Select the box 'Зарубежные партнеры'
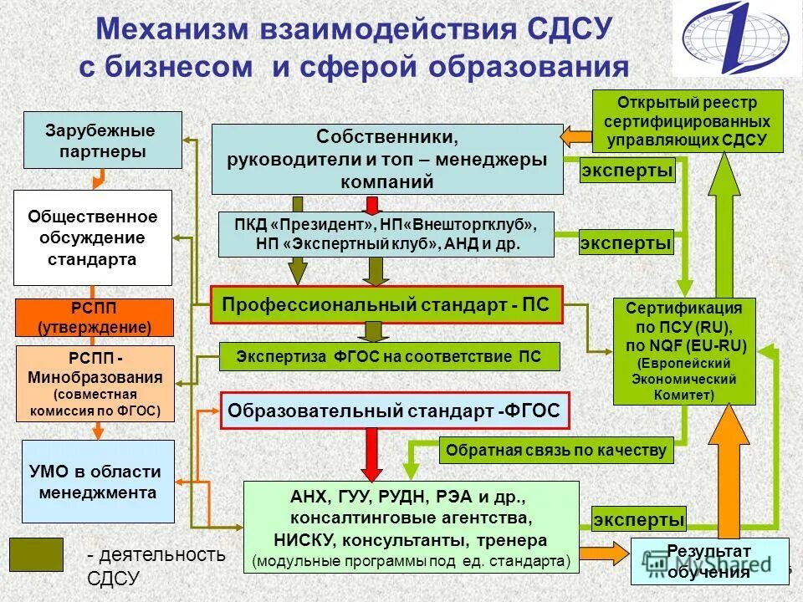click(x=103, y=140)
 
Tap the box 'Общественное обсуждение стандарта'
click(x=93, y=237)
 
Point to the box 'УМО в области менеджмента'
click(x=98, y=482)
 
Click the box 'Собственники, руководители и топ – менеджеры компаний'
click(x=387, y=159)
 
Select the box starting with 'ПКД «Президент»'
click(x=386, y=234)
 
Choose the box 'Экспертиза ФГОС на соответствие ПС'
click(x=389, y=357)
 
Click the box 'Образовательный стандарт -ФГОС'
click(x=395, y=411)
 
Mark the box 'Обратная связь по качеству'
click(x=556, y=451)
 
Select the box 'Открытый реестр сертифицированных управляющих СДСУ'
click(x=688, y=121)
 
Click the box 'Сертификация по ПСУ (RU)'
click(x=684, y=351)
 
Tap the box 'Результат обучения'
click(x=709, y=561)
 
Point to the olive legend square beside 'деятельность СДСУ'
click(x=36, y=554)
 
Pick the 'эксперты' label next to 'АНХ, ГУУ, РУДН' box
click(x=639, y=519)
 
